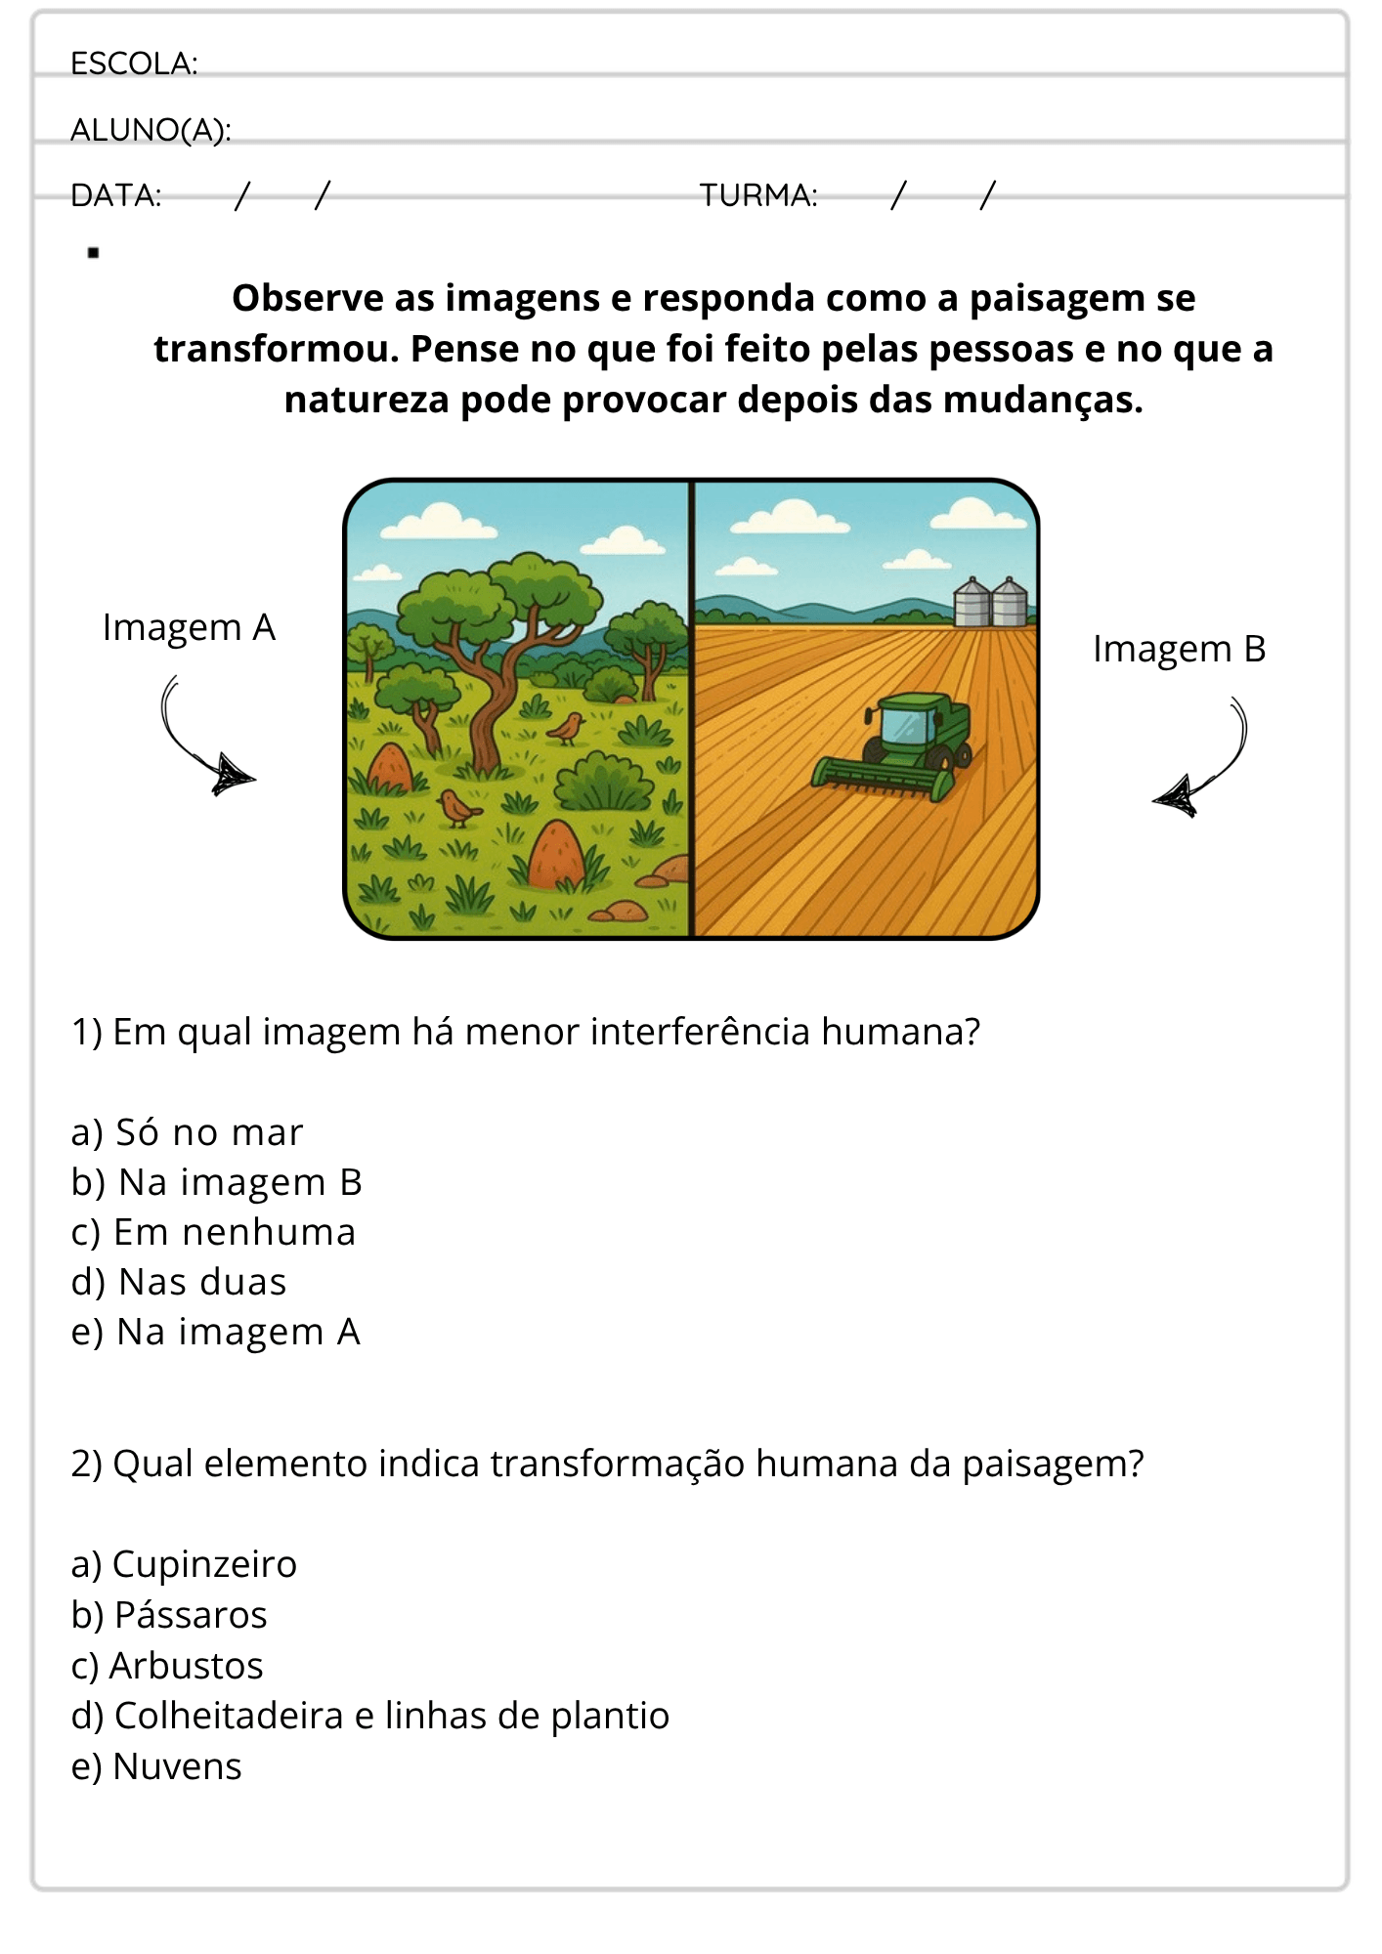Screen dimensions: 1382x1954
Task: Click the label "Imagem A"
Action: pyautogui.click(x=190, y=628)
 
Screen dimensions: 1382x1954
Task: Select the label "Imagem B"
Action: pyautogui.click(x=1179, y=650)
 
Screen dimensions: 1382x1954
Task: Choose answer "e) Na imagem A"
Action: pyautogui.click(x=216, y=1332)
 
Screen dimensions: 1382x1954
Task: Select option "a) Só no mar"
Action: pyautogui.click(x=187, y=1132)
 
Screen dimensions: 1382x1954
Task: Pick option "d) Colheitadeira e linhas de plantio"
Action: pyautogui.click(x=370, y=1716)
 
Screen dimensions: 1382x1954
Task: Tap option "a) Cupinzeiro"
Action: pyautogui.click(x=184, y=1564)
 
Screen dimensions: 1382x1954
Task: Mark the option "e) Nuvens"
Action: pyautogui.click(x=156, y=1766)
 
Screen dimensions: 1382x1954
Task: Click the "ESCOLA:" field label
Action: pyautogui.click(x=134, y=64)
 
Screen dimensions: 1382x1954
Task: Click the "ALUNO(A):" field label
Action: pyautogui.click(x=151, y=130)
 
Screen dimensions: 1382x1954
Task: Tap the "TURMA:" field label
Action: pyautogui.click(x=758, y=195)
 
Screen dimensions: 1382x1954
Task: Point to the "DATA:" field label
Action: pyautogui.click(x=116, y=195)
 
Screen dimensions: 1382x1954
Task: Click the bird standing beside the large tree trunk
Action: pyautogui.click(x=566, y=728)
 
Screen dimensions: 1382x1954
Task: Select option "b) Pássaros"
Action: pyautogui.click(x=169, y=1615)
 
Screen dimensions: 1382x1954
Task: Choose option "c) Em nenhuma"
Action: pyautogui.click(x=213, y=1232)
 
